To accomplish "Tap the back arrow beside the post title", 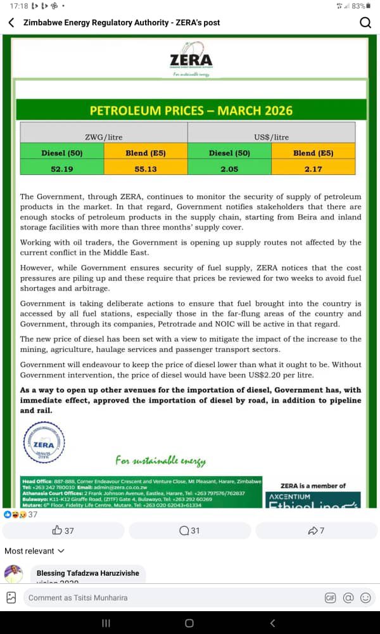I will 11,22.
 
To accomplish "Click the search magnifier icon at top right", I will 365,23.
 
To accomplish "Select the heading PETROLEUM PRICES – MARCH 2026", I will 191,110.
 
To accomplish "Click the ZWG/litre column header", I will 104,136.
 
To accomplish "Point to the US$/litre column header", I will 271,136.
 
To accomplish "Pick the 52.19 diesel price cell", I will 61,169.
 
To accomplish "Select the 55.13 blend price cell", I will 146,169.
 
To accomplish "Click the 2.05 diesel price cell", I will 229,169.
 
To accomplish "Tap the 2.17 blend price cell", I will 313,169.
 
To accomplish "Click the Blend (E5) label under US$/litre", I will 313,153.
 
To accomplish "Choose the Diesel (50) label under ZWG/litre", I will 61,153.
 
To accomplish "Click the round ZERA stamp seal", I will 44,444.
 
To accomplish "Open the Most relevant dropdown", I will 34,551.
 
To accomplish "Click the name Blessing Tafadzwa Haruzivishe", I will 87,573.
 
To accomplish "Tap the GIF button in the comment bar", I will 330,597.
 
